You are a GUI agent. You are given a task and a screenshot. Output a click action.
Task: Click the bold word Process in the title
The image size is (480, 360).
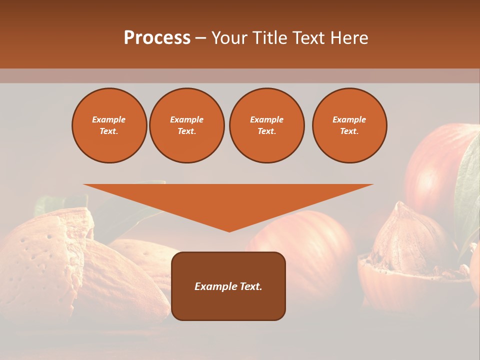click(x=157, y=38)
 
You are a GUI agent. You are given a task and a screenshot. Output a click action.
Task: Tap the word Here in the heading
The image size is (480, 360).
click(x=348, y=38)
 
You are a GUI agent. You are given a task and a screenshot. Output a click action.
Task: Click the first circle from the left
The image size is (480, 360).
click(x=109, y=125)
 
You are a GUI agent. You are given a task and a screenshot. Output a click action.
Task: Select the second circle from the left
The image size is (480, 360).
click(x=186, y=125)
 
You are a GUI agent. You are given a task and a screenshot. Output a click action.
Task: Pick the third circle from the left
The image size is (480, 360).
click(x=266, y=125)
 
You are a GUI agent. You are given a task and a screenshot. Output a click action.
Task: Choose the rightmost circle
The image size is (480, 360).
click(x=349, y=125)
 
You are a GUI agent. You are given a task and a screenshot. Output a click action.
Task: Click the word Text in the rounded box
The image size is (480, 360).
click(x=249, y=286)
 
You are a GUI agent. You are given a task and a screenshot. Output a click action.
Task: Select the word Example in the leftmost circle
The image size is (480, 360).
click(x=109, y=119)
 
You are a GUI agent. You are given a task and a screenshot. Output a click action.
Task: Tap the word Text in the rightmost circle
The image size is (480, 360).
click(x=349, y=131)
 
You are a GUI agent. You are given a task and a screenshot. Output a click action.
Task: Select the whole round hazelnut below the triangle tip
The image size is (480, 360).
click(x=310, y=245)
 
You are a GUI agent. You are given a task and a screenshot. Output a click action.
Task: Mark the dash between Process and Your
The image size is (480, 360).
click(x=200, y=38)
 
